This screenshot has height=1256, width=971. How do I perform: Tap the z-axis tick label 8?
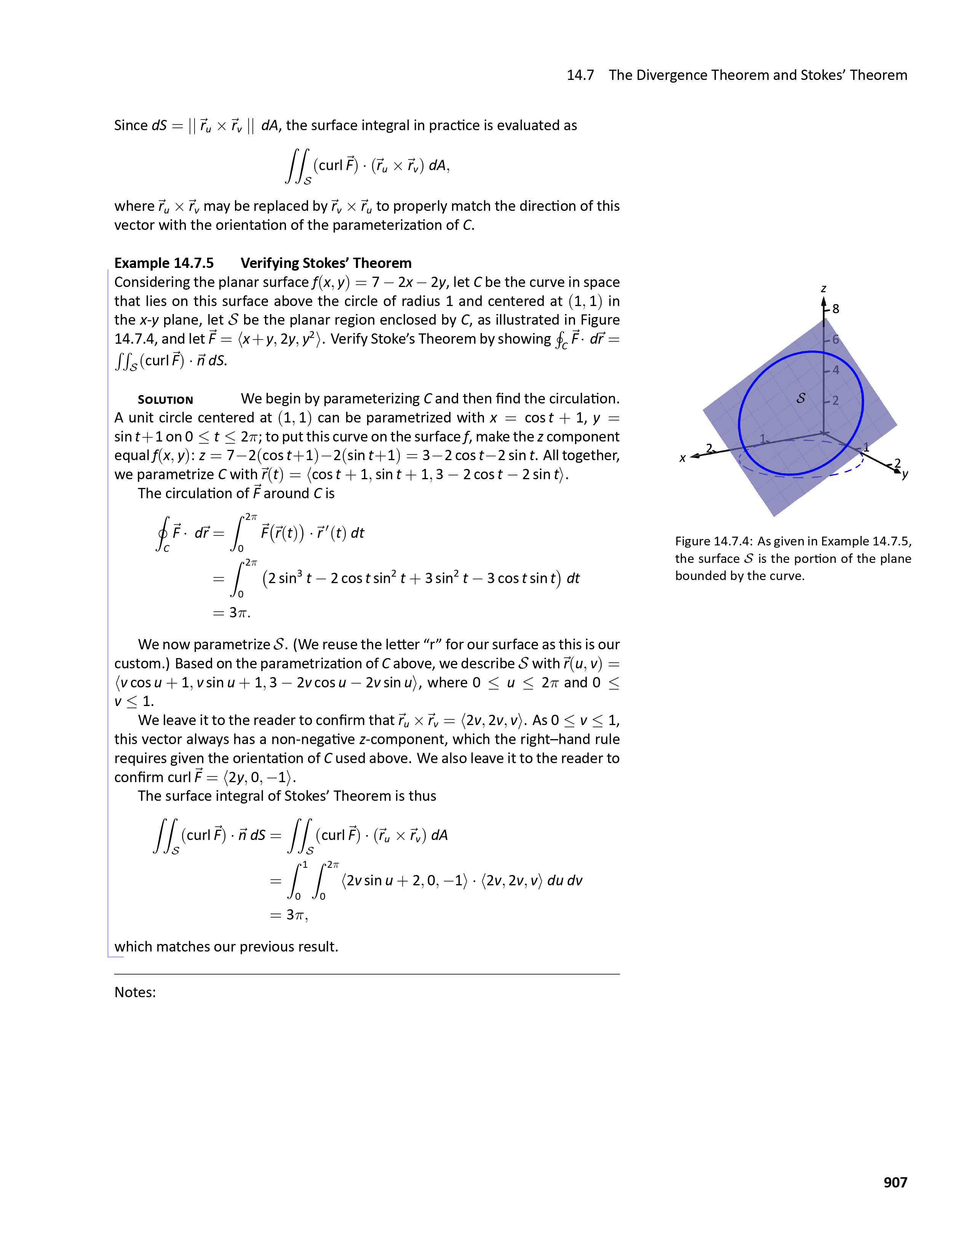pyautogui.click(x=836, y=309)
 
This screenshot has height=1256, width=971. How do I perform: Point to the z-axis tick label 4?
pyautogui.click(x=836, y=370)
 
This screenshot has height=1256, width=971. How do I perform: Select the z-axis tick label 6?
pyautogui.click(x=836, y=339)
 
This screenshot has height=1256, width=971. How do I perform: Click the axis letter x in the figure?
pyautogui.click(x=683, y=458)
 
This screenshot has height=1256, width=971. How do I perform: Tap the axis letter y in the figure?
pyautogui.click(x=905, y=475)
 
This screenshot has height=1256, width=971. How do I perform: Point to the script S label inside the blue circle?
pyautogui.click(x=800, y=397)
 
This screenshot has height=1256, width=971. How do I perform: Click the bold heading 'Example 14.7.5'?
pyautogui.click(x=164, y=263)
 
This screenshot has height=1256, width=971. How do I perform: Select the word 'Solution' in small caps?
pyautogui.click(x=165, y=400)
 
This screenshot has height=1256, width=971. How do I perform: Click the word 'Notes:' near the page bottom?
pyautogui.click(x=135, y=992)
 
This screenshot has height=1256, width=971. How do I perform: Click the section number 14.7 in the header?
pyautogui.click(x=580, y=75)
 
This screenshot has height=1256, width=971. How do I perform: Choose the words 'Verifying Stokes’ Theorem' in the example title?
pyautogui.click(x=326, y=263)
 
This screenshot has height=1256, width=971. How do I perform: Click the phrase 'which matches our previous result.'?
pyautogui.click(x=226, y=947)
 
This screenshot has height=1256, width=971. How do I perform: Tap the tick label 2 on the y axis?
pyautogui.click(x=898, y=463)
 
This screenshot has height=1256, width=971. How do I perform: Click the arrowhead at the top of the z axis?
pyautogui.click(x=824, y=301)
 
